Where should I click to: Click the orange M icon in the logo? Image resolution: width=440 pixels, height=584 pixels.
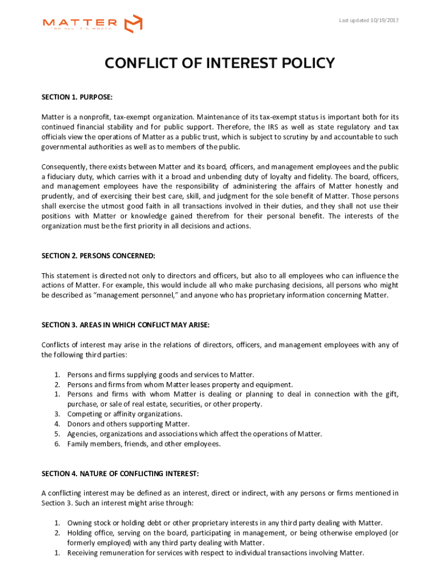133,23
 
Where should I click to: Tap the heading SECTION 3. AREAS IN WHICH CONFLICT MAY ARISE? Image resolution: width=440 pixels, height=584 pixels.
126,325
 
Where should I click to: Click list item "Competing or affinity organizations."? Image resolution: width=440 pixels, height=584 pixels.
125,414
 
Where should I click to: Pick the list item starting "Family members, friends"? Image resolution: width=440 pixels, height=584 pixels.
143,444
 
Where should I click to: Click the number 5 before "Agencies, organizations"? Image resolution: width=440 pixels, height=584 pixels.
57,434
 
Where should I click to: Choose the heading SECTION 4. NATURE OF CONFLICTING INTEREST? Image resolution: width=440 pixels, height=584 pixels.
120,473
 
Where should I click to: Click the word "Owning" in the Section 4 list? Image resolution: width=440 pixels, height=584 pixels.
79,523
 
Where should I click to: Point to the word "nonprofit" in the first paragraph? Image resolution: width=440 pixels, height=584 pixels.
95,117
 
